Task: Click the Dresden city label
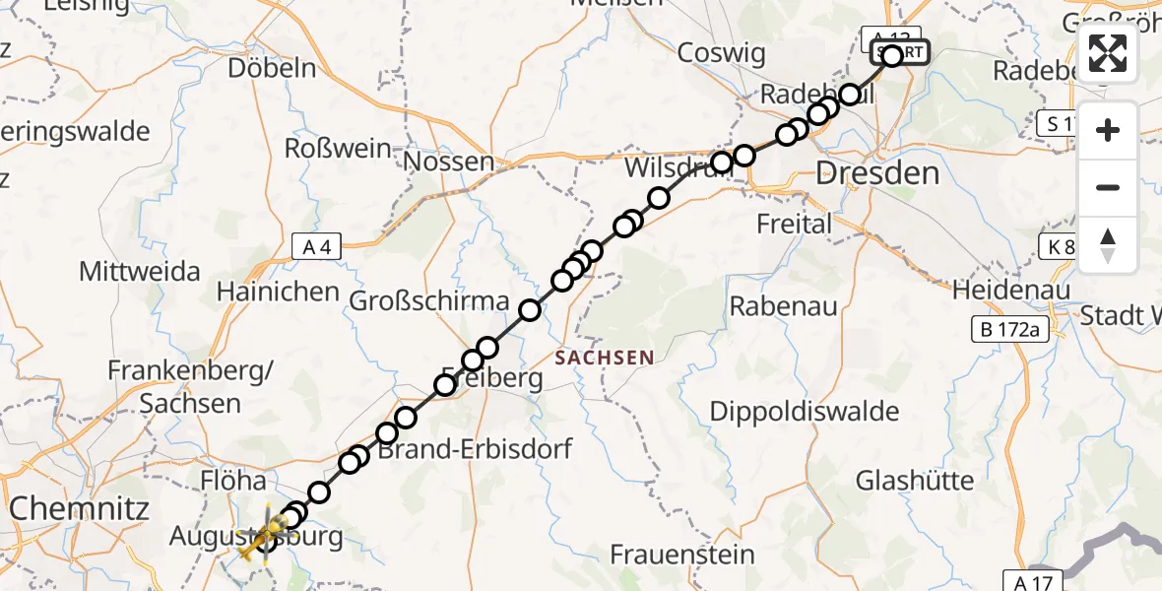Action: click(x=877, y=175)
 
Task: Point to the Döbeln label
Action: click(x=272, y=68)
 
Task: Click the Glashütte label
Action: click(x=915, y=481)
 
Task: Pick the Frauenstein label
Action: click(x=682, y=555)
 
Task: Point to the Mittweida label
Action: click(x=140, y=271)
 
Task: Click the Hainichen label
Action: click(x=279, y=293)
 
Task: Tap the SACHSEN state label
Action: click(x=605, y=358)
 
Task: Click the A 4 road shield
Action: click(x=317, y=248)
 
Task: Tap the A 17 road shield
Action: click(x=1029, y=581)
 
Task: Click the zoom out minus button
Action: click(x=1108, y=187)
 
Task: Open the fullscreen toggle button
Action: click(x=1108, y=53)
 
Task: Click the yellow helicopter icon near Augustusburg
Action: click(x=262, y=537)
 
